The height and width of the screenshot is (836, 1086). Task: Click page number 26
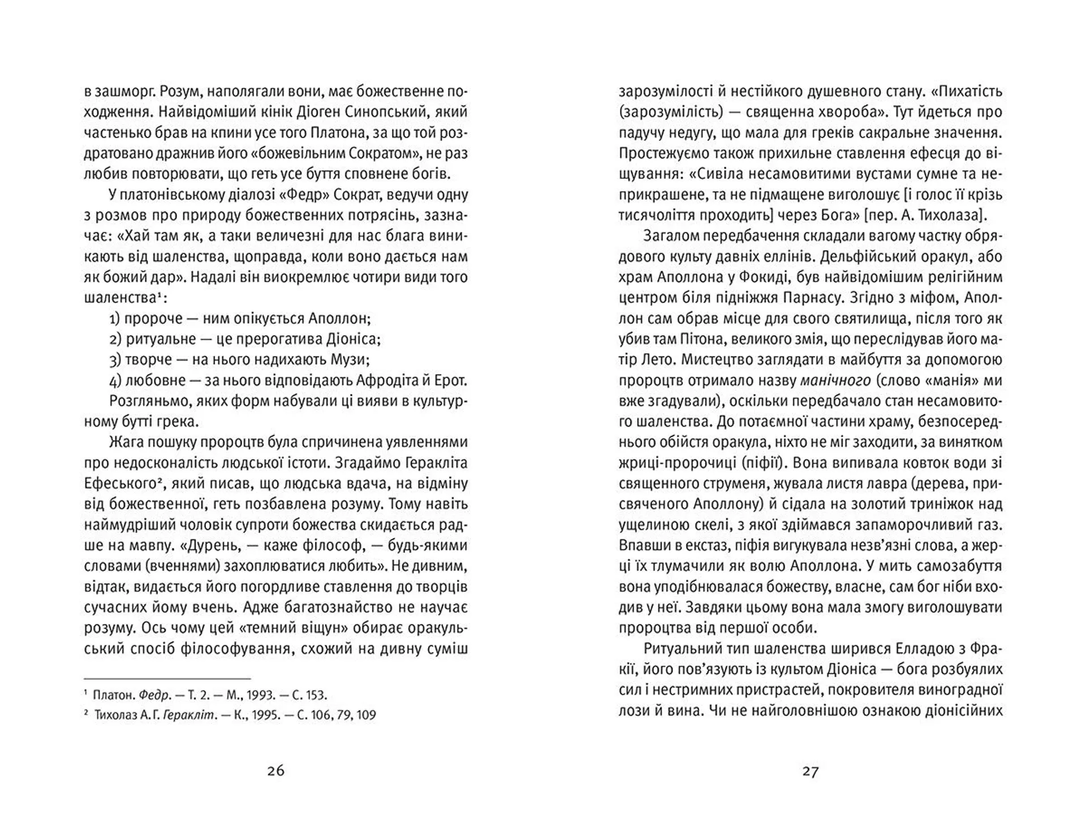coord(275,771)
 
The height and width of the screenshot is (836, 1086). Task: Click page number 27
coord(810,771)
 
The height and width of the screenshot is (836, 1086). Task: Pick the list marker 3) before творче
coord(115,360)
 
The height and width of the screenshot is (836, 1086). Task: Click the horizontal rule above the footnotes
coord(167,678)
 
